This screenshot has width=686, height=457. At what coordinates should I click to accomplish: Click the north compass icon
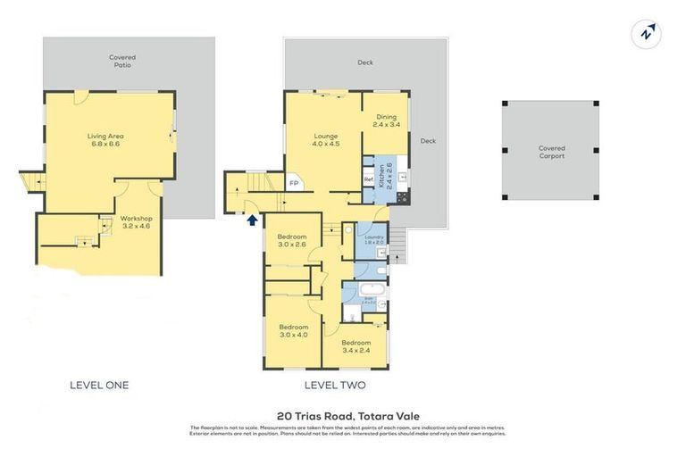tap(648, 35)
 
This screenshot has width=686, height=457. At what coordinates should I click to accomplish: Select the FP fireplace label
tap(293, 184)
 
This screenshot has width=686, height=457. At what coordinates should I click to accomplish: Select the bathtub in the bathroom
tap(370, 290)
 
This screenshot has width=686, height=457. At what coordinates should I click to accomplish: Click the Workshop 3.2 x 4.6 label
tap(137, 222)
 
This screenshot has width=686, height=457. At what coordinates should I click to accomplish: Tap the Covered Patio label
tap(122, 61)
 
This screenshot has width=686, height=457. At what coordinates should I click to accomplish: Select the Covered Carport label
tap(551, 152)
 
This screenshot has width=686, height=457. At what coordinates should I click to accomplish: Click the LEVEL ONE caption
tap(99, 386)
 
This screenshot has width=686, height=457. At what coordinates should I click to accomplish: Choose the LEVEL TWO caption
tap(335, 386)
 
